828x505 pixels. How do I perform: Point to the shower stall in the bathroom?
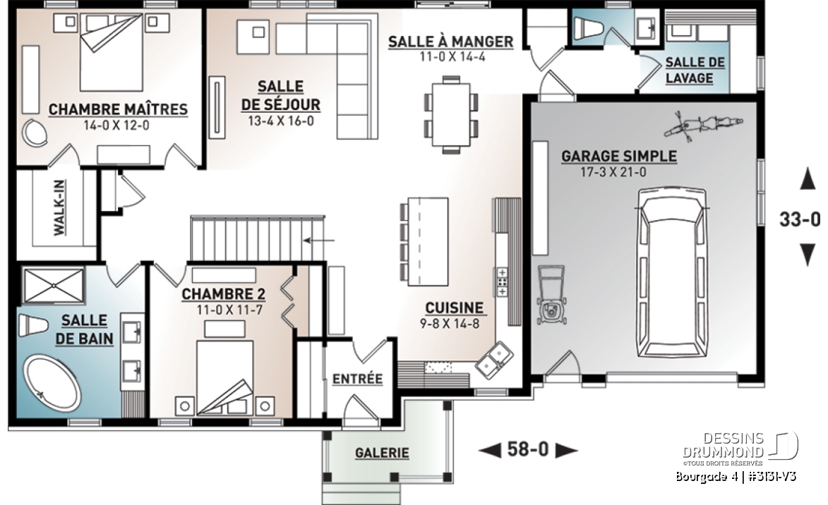coord(54,286)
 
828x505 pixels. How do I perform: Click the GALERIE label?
coord(382,453)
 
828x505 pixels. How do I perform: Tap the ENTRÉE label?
coord(357,378)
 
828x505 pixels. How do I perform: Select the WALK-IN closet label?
coord(59,207)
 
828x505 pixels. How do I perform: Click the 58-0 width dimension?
coord(528,449)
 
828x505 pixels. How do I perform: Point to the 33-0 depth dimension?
coord(800,219)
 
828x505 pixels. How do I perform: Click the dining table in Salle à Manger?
coord(452,114)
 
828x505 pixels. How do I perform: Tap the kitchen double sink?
coord(494,360)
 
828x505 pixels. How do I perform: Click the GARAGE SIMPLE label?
coord(619,156)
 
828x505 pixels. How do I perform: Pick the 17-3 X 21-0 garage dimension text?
coord(613,172)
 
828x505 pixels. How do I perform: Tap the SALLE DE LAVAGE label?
coord(695,71)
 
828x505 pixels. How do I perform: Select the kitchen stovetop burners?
coord(502,282)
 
